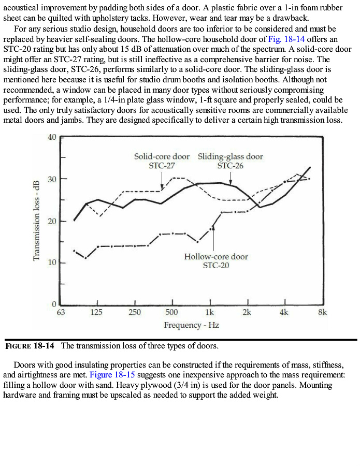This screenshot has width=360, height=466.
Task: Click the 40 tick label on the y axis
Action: (x=51, y=137)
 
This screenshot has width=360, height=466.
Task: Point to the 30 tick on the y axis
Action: (x=51, y=179)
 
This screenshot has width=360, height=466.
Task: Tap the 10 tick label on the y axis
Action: (x=51, y=263)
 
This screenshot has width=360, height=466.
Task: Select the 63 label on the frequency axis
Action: (x=61, y=312)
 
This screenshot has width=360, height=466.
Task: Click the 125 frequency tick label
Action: (x=96, y=312)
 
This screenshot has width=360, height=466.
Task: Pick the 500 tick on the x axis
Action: (x=172, y=312)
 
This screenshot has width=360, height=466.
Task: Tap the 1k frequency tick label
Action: (x=210, y=312)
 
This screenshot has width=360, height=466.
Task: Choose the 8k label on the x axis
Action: (x=322, y=312)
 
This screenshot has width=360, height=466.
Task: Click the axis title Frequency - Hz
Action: (x=191, y=325)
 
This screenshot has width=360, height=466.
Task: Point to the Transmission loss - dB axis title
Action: (x=36, y=221)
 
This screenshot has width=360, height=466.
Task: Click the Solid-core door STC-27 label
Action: (x=162, y=161)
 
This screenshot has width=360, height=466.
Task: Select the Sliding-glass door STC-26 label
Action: (x=231, y=161)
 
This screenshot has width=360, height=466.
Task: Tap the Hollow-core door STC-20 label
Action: (x=216, y=261)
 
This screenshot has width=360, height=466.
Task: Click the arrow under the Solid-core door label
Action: (x=162, y=180)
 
